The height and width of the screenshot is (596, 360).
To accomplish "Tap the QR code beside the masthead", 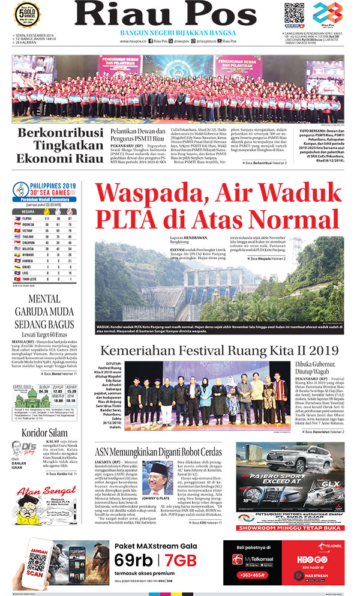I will tap(294, 13).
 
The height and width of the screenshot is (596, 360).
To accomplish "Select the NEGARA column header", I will tap(27, 211).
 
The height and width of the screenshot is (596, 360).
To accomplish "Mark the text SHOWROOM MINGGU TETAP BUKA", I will tap(290, 528).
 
